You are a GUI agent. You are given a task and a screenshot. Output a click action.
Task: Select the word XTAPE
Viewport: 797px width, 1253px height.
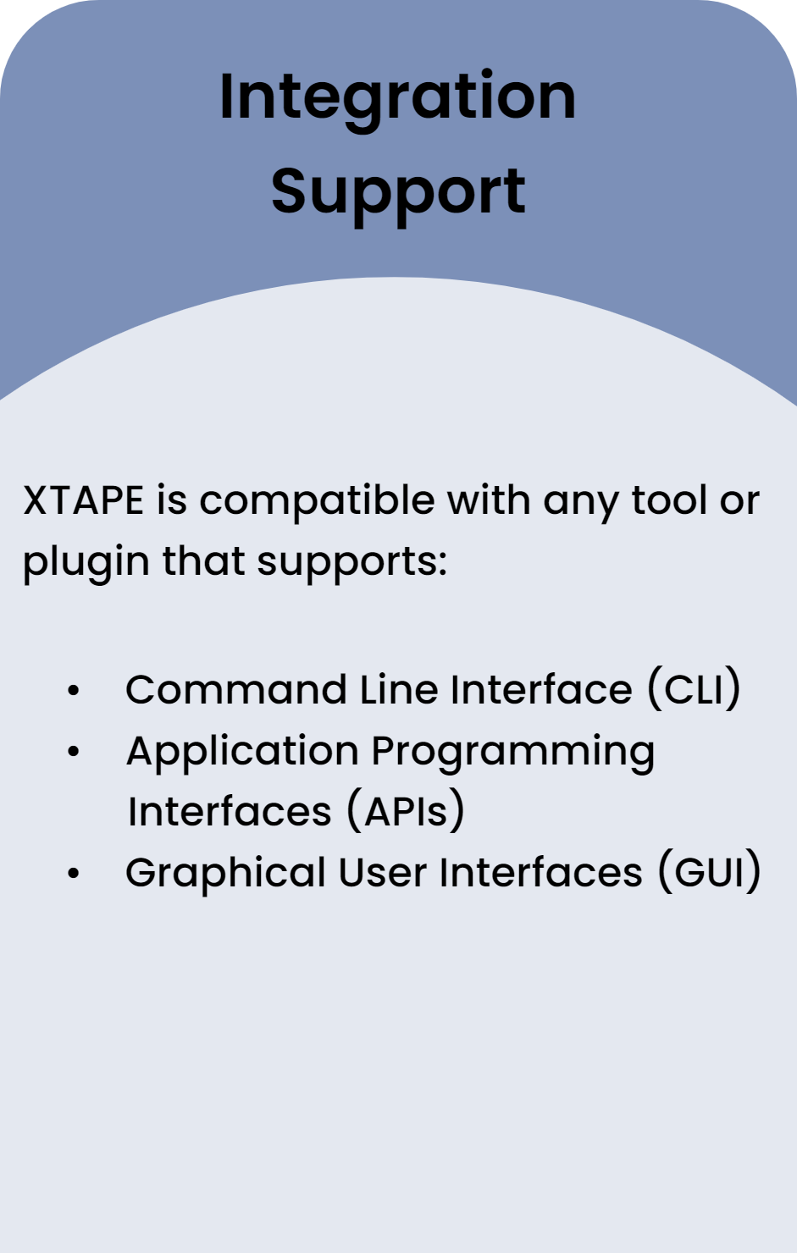click(83, 500)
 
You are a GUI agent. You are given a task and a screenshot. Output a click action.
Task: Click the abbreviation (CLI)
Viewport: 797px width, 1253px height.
click(694, 688)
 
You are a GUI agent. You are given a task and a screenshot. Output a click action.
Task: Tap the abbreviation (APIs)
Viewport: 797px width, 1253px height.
click(406, 810)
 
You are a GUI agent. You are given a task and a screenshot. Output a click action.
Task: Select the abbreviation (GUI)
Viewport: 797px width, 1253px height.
click(710, 871)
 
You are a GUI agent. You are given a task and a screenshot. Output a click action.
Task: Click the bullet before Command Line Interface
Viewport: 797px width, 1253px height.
click(74, 691)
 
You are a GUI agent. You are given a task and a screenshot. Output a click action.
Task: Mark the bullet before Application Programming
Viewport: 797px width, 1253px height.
click(74, 752)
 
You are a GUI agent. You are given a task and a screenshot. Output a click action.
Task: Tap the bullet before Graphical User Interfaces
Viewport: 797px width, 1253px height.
click(74, 873)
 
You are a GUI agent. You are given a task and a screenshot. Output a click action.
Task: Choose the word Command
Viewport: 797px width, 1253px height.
click(236, 688)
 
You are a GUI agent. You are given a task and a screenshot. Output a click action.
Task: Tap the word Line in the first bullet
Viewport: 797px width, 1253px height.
click(398, 688)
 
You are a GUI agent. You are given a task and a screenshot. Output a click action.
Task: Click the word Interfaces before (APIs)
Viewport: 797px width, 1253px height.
click(230, 811)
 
